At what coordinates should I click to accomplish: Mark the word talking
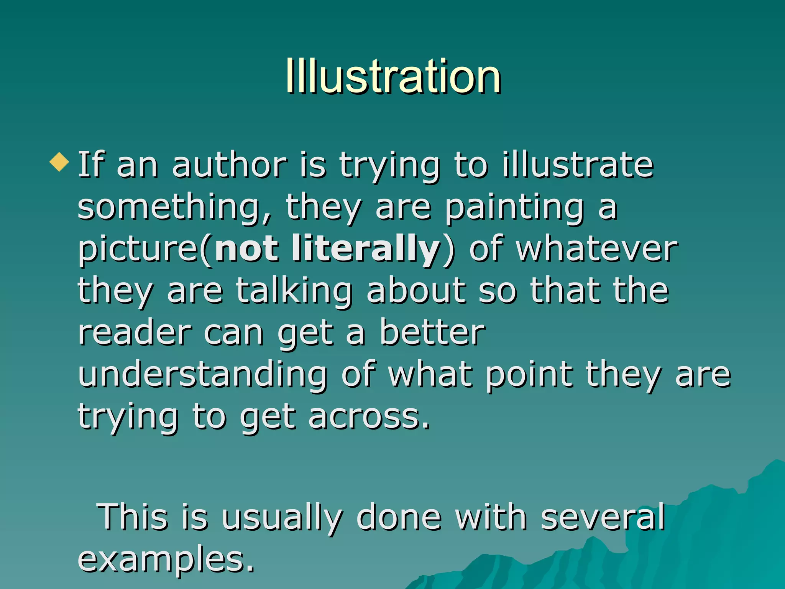pos(294,291)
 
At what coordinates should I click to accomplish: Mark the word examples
pos(166,559)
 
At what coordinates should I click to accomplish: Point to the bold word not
pos(246,249)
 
